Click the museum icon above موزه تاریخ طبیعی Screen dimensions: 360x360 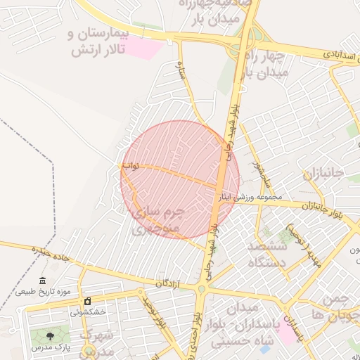click(x=43, y=281)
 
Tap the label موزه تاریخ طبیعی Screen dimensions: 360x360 click(x=43, y=292)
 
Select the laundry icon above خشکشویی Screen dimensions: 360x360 click(x=87, y=301)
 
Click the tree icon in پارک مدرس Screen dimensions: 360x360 click(x=49, y=337)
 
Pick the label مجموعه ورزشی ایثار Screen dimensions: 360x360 click(x=250, y=197)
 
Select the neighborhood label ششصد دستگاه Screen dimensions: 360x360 click(x=267, y=255)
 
